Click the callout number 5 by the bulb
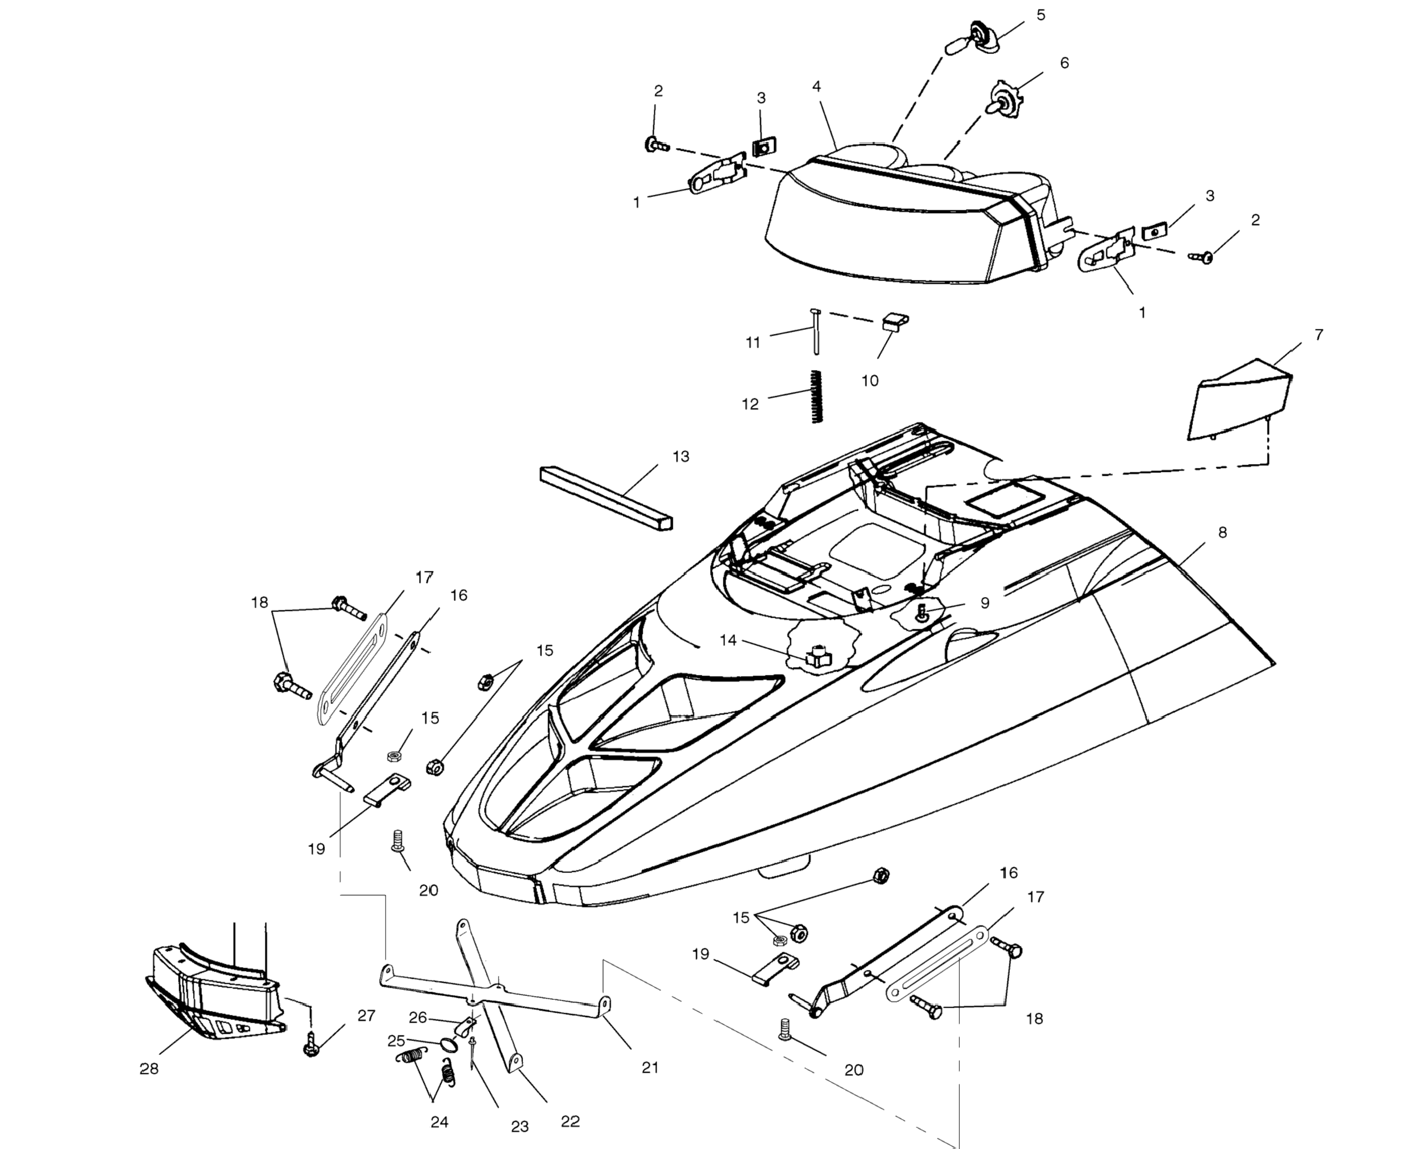click(1041, 14)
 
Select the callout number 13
click(681, 456)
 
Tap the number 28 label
click(149, 1068)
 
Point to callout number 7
click(1319, 335)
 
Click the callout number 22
click(570, 1121)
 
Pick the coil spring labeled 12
click(817, 397)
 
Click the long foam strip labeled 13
click(606, 496)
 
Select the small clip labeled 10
click(894, 322)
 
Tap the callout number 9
click(984, 603)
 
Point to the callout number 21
click(650, 1067)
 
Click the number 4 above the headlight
click(816, 87)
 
